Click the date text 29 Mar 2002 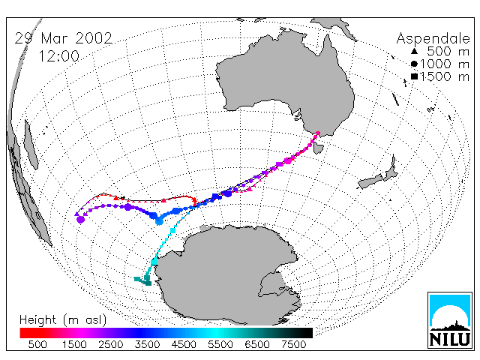[64, 38]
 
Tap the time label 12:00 [59, 56]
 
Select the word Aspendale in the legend [433, 39]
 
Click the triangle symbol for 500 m [414, 51]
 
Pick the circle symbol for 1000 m [414, 64]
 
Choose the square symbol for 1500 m [414, 76]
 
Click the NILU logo [450, 320]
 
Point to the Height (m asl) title [63, 320]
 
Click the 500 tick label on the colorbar [37, 345]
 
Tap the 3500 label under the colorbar [147, 345]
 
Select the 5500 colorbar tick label [220, 345]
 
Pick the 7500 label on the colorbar [293, 345]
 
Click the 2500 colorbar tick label [111, 345]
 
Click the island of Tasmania [318, 148]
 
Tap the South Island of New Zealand [370, 181]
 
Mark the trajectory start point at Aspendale [318, 133]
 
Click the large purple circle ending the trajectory [80, 220]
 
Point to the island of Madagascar [31, 145]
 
